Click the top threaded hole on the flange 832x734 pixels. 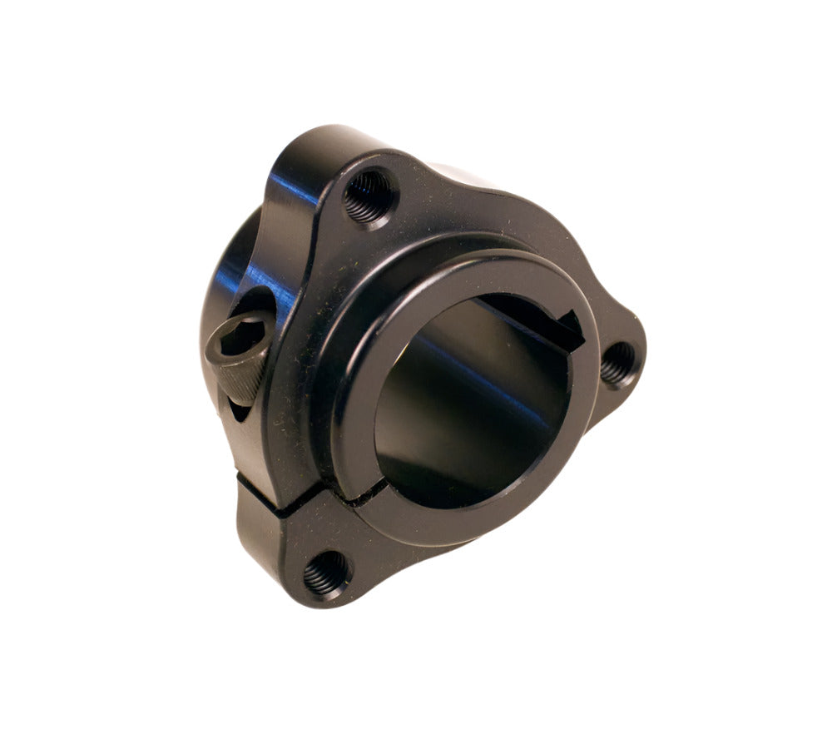(369, 196)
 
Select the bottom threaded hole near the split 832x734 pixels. (326, 573)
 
